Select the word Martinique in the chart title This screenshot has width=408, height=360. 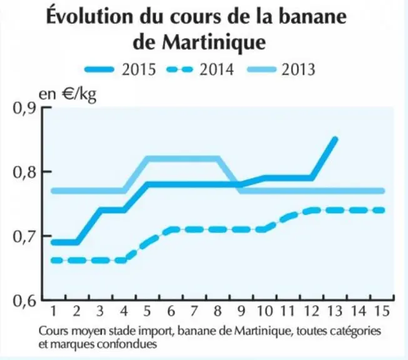[x=213, y=43]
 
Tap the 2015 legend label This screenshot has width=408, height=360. [x=139, y=69]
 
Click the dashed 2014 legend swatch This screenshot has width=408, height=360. [x=180, y=69]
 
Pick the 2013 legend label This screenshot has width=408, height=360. [x=298, y=69]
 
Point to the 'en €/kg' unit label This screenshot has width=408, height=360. [x=68, y=94]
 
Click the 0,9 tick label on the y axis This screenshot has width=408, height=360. [x=24, y=109]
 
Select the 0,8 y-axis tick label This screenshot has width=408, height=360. [x=24, y=172]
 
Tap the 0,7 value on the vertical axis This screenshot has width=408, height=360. [x=24, y=237]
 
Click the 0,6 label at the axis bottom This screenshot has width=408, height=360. [x=24, y=301]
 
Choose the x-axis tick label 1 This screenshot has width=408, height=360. [x=53, y=311]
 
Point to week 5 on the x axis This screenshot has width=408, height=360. [x=147, y=311]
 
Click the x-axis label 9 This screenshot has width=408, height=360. [x=242, y=311]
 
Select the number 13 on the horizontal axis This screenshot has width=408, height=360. [x=335, y=311]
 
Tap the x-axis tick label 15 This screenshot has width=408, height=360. [x=382, y=311]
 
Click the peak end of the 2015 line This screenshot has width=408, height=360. [x=335, y=139]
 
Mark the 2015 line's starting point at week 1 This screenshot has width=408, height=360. [x=53, y=242]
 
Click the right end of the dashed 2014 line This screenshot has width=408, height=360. [x=382, y=210]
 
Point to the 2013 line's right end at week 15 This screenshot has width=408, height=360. [x=382, y=191]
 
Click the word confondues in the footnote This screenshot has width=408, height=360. [x=127, y=344]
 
